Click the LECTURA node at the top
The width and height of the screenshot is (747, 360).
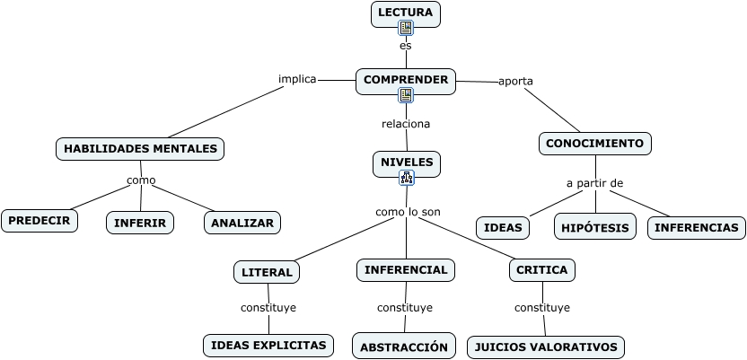(406, 13)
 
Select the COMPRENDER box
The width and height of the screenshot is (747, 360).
(406, 81)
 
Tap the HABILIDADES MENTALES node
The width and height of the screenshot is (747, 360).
(140, 148)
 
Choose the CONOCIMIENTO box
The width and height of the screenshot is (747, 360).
(594, 144)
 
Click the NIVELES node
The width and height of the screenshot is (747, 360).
(407, 163)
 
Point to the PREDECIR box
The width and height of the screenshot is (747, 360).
(40, 220)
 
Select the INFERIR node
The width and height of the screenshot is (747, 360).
(141, 223)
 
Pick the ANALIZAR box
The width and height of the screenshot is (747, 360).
(242, 223)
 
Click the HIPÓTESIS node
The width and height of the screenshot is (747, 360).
(595, 227)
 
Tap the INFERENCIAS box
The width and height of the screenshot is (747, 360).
(697, 228)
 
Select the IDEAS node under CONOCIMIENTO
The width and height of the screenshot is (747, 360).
(503, 228)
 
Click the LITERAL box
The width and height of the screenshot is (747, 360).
(268, 272)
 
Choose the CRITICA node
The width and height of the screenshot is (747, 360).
(541, 270)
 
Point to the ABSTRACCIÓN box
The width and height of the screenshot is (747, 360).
(404, 347)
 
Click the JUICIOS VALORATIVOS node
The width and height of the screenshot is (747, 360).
(546, 347)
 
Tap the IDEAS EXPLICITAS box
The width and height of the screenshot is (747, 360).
(268, 345)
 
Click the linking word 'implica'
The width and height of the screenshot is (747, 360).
(297, 79)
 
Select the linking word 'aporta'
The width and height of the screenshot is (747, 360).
(515, 81)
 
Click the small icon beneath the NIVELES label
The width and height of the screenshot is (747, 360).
(407, 178)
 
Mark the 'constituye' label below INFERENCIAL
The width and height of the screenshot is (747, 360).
(404, 308)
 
